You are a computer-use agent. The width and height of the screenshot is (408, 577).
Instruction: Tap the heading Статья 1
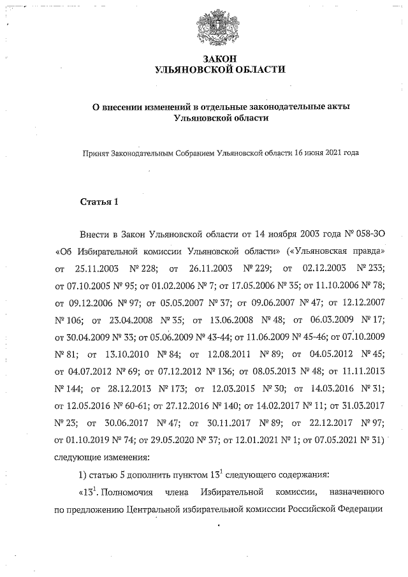[99, 203]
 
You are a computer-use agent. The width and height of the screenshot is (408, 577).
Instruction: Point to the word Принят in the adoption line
[95, 154]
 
